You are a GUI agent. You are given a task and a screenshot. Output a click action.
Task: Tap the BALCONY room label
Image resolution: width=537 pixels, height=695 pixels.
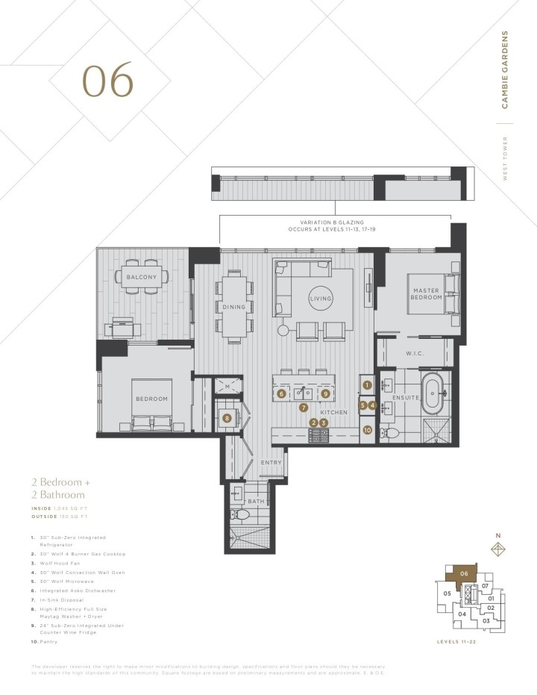click(141, 278)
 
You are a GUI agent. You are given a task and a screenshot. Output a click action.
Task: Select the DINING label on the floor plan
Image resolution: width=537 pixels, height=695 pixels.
click(233, 307)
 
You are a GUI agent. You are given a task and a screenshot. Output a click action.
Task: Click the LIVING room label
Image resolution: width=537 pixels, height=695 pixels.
click(320, 299)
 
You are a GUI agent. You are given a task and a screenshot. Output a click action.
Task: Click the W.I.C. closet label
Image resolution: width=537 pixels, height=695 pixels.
click(415, 354)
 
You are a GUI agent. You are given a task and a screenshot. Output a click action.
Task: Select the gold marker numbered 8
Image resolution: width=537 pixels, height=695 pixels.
click(227, 419)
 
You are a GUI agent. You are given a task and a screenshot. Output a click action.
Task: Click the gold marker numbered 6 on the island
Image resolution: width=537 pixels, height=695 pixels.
click(281, 393)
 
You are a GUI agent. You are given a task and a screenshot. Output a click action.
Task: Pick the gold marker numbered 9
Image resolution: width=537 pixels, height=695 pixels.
click(325, 393)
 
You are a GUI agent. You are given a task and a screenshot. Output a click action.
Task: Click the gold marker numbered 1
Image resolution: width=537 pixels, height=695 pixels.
click(367, 385)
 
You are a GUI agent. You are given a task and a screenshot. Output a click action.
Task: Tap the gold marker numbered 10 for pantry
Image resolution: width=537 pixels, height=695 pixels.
click(367, 429)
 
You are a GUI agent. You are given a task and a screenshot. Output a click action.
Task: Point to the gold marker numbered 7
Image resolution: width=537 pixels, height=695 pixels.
click(303, 408)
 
